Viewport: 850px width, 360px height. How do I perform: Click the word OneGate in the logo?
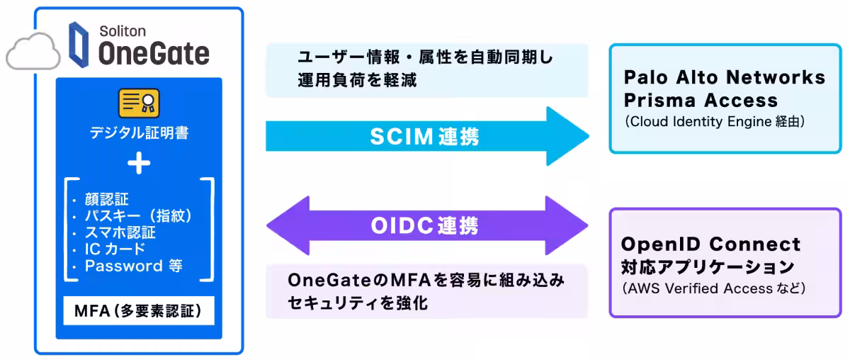[x=154, y=53]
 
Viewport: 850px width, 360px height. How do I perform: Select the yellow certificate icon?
[x=138, y=103]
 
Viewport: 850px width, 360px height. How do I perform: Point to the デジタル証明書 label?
[x=138, y=133]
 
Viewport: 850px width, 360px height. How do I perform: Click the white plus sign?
[x=138, y=164]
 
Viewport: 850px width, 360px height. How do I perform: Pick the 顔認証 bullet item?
[x=107, y=200]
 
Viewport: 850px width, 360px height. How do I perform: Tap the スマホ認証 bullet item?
[x=120, y=232]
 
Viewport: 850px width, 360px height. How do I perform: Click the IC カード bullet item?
[x=115, y=249]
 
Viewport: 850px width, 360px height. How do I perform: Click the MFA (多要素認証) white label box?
[x=138, y=310]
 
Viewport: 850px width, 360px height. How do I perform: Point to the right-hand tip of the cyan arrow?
[x=586, y=136]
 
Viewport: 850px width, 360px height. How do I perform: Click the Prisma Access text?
[x=701, y=100]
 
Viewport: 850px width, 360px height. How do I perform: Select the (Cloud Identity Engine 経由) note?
[x=715, y=122]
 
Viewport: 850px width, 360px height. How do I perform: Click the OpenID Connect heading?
[x=710, y=244]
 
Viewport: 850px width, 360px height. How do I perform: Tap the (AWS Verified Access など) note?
[x=713, y=289]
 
